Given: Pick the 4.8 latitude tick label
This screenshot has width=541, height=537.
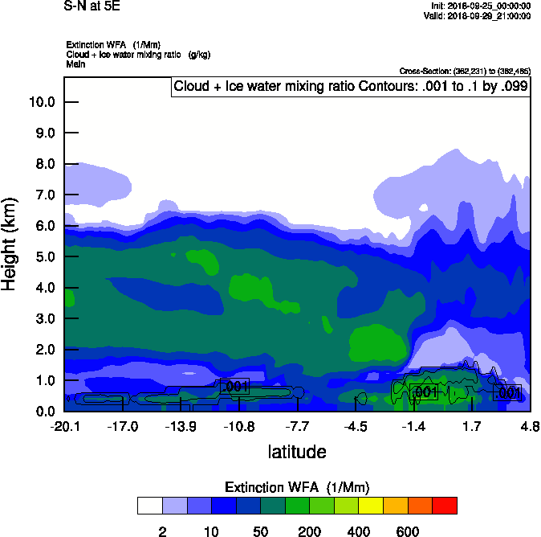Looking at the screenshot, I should (529, 425).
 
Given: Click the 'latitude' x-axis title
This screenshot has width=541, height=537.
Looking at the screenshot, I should (297, 451).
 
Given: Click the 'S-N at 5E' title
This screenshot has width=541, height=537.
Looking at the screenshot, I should (91, 6).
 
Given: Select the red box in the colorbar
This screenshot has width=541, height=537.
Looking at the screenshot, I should (444, 506).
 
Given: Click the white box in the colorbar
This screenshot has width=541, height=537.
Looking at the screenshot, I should (149, 506).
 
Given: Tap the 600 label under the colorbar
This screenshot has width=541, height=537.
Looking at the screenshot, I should (408, 531).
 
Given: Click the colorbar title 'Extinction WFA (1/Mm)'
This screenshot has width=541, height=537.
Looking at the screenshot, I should (297, 487).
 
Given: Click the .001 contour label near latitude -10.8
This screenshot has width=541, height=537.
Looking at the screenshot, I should (234, 387).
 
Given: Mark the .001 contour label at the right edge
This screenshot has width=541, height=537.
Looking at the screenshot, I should (507, 392).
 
